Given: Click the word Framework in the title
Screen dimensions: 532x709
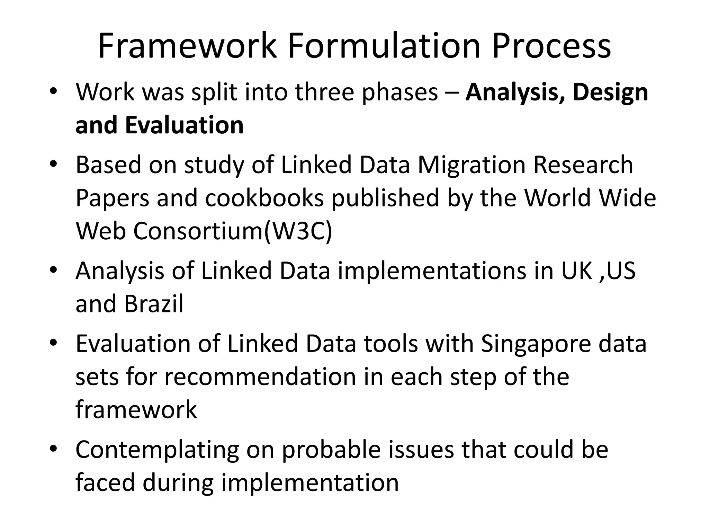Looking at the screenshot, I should [187, 46].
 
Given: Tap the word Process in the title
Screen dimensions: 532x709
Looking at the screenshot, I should [551, 46].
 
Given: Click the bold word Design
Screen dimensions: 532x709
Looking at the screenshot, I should [610, 93].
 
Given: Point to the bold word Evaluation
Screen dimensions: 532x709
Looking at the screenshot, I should [184, 125].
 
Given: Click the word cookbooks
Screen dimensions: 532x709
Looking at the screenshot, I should [264, 198].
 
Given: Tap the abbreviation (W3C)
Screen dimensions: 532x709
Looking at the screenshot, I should [298, 231].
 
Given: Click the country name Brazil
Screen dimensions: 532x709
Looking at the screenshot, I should [153, 304].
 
